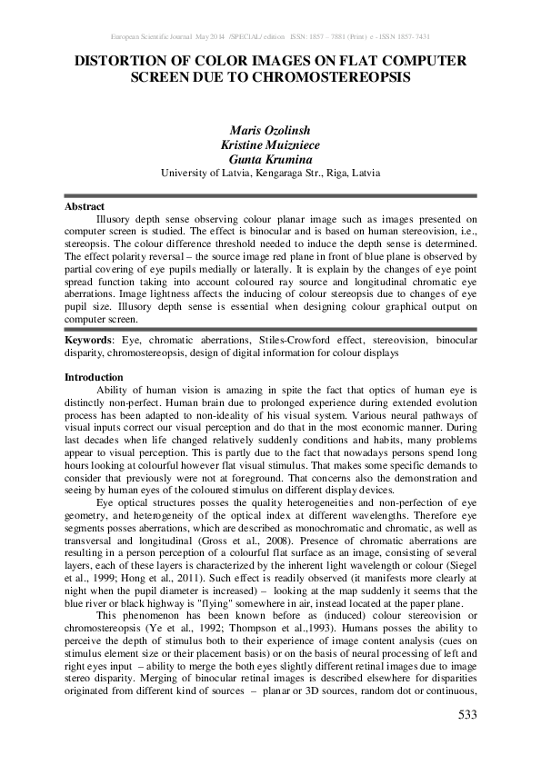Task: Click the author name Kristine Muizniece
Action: coord(270,144)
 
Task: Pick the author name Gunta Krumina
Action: coord(270,158)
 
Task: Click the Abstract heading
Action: coord(85,207)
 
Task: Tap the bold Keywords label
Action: coord(87,339)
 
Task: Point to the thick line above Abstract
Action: coord(270,195)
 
